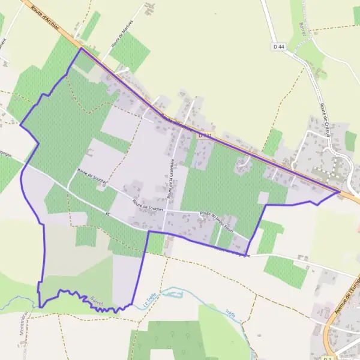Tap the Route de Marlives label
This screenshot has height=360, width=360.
tap(121, 40)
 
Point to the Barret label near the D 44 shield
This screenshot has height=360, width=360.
tap(302, 29)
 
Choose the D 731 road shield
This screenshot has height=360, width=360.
tap(205, 136)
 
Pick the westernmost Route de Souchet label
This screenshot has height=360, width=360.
tap(91, 173)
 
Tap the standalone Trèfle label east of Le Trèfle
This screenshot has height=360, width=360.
tap(230, 313)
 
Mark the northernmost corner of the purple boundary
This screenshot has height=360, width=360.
tap(81, 48)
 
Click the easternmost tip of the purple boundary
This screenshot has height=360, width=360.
tap(340, 191)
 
